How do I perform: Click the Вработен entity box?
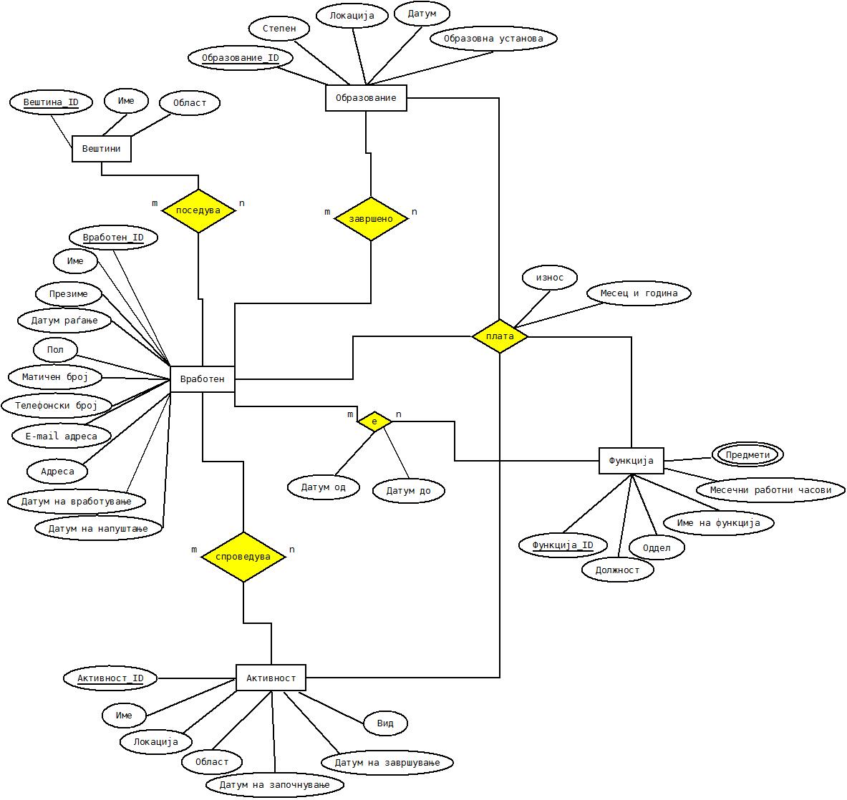pos(203,379)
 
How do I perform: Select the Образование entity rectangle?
pos(366,98)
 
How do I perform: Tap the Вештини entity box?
pos(101,149)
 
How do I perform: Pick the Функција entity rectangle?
pos(631,461)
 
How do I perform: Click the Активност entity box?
pos(271,678)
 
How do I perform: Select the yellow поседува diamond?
pos(198,210)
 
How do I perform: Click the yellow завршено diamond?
pos(371,218)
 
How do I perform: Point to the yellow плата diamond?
pos(500,336)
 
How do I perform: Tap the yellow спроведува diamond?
pos(243,557)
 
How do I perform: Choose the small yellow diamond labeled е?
pos(374,421)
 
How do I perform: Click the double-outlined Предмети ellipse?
pos(747,454)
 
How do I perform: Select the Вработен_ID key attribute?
pos(113,238)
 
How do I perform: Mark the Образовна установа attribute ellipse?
pos(493,39)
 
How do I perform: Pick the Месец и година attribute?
pos(639,293)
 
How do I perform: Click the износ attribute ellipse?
pos(550,278)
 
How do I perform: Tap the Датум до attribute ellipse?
pos(408,491)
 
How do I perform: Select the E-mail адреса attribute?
pos(62,436)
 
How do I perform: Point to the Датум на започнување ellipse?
pos(274,785)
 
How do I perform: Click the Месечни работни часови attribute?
pos(770,490)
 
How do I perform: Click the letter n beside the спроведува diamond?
pos(291,550)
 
